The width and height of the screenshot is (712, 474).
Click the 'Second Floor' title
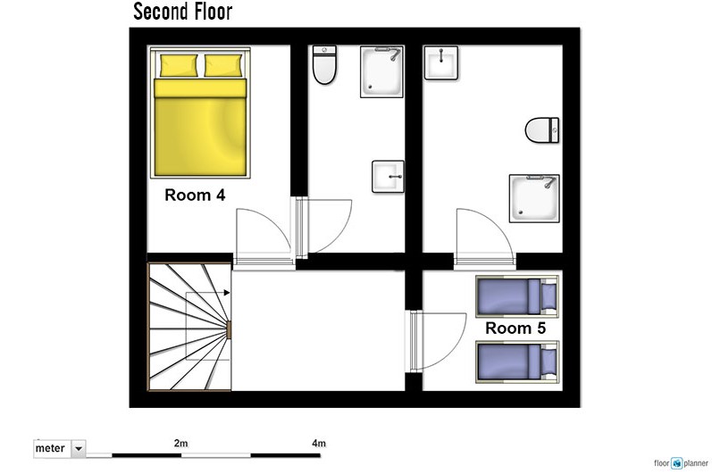tap(182, 12)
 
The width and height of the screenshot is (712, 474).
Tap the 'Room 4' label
tap(195, 195)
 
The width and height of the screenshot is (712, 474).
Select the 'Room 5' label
tap(515, 328)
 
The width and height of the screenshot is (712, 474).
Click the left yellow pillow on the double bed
tap(179, 65)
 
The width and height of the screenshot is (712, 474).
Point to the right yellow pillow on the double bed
tap(223, 65)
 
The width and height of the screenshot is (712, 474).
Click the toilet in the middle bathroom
tap(324, 65)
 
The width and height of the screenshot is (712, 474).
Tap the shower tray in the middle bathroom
tap(381, 71)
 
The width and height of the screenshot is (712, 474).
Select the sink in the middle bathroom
tap(388, 177)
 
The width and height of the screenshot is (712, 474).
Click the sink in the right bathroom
tap(441, 62)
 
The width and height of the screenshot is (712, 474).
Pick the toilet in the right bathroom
tap(542, 130)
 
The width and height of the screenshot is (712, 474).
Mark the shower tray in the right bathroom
tap(534, 198)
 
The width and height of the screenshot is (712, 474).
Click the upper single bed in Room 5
tap(516, 296)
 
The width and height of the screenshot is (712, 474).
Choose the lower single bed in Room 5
tap(516, 362)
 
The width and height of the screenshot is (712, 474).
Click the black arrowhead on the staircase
tap(227, 293)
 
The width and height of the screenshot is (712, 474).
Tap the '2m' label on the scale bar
tap(180, 443)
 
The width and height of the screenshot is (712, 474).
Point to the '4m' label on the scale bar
tap(319, 443)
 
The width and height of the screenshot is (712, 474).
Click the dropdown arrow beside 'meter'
tap(79, 449)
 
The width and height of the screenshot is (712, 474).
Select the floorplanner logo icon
tap(677, 463)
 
